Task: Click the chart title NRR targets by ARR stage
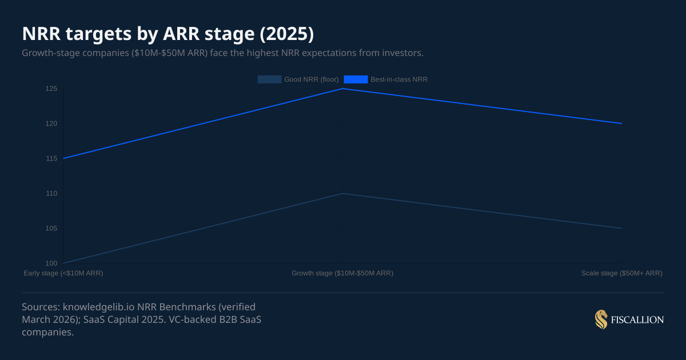(x=167, y=34)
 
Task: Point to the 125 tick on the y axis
(x=51, y=89)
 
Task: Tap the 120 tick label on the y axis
(x=51, y=123)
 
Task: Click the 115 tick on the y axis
(x=51, y=158)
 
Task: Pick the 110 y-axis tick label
(x=51, y=193)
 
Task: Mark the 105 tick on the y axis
(x=51, y=228)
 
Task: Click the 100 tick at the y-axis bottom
(x=51, y=263)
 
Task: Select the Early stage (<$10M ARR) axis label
(x=63, y=273)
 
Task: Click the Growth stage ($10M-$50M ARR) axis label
(x=342, y=273)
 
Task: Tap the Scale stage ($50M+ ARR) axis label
(x=621, y=273)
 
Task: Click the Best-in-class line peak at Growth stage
(x=342, y=89)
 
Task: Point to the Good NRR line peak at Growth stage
(x=342, y=193)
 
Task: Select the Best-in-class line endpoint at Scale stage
(x=622, y=123)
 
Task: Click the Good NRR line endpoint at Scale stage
(x=622, y=228)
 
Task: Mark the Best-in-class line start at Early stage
(x=63, y=158)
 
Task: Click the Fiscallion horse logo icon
(x=601, y=320)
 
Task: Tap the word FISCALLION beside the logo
(x=637, y=320)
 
